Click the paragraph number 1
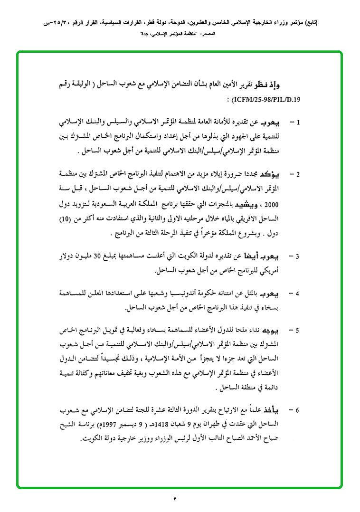click(298, 123)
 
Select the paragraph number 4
click(298, 294)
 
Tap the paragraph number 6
click(298, 409)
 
